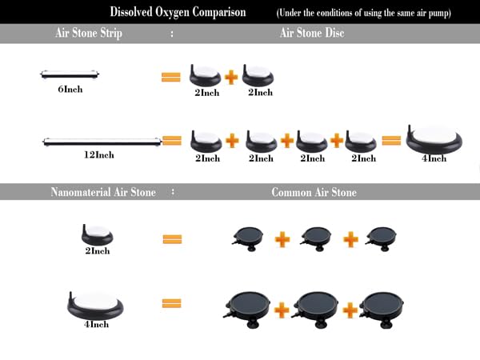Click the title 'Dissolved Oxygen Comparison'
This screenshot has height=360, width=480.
[178, 12]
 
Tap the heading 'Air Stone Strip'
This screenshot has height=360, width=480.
[89, 33]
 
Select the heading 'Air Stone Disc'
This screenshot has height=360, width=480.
[312, 33]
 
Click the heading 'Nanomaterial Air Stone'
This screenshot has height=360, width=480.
[103, 192]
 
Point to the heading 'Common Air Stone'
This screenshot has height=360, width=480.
[314, 192]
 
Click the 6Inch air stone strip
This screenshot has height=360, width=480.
[70, 74]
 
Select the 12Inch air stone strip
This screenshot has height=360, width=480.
[102, 142]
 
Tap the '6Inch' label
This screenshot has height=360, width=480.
[70, 89]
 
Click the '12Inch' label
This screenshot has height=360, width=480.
[99, 154]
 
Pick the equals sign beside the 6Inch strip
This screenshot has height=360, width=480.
[171, 77]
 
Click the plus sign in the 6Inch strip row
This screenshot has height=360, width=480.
[231, 77]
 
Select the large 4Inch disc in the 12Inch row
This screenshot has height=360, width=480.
[434, 140]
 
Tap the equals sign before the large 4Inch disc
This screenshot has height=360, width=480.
[391, 141]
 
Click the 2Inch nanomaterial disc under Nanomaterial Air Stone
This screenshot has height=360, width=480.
[97, 234]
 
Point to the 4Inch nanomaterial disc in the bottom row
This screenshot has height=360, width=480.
[95, 306]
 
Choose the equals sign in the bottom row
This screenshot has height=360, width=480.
[171, 303]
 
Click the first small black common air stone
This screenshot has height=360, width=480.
[248, 238]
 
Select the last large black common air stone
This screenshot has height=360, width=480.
[381, 309]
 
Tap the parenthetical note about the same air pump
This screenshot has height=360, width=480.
[363, 13]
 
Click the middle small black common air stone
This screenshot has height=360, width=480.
[316, 238]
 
